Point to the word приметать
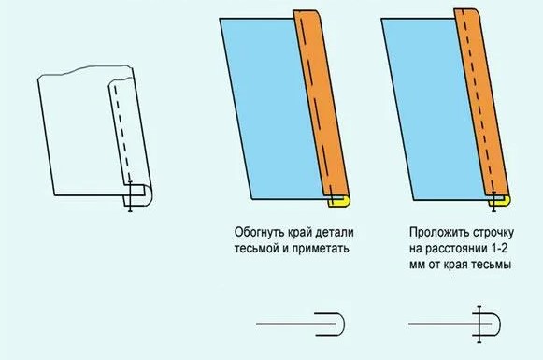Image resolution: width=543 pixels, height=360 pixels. pos(321,249)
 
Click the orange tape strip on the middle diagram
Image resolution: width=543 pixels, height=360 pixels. pos(321,105)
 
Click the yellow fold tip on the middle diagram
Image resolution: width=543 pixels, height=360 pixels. pos(340,203)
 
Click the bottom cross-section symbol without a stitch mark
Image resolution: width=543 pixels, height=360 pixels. pos(301,324)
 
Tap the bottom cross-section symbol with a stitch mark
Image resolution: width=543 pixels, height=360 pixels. pos(455,324)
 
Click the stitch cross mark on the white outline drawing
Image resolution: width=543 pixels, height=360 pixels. pos(130,196)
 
